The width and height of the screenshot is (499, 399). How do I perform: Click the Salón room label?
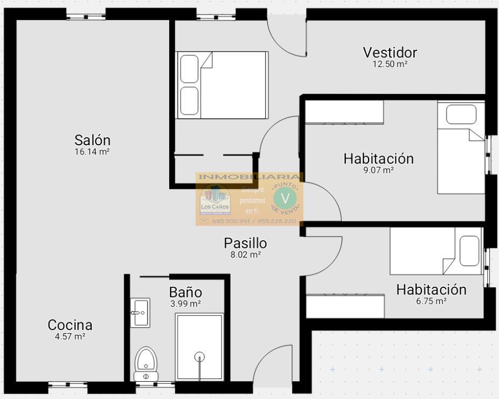(92, 140)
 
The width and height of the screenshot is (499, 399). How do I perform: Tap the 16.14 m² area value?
(92, 152)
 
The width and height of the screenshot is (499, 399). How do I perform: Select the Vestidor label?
(390, 52)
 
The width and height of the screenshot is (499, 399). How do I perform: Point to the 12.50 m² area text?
(390, 64)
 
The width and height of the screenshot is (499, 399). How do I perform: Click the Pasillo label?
(245, 243)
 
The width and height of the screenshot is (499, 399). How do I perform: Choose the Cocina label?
(70, 325)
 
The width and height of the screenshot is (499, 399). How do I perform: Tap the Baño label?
(185, 293)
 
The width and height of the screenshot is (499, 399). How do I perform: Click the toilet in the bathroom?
(145, 363)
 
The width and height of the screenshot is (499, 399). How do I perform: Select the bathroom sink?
(140, 312)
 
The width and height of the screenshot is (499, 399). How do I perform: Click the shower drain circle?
(199, 356)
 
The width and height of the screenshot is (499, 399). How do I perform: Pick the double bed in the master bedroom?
(223, 85)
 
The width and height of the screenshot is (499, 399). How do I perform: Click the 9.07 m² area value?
(378, 170)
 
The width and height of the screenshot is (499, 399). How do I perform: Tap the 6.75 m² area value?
(431, 301)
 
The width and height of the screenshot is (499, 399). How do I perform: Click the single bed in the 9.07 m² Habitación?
(461, 147)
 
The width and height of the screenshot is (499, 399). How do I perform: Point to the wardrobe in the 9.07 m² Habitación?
(344, 112)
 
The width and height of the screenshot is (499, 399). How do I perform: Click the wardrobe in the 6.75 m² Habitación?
(345, 306)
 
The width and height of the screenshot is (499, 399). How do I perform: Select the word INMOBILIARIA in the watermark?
(249, 177)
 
